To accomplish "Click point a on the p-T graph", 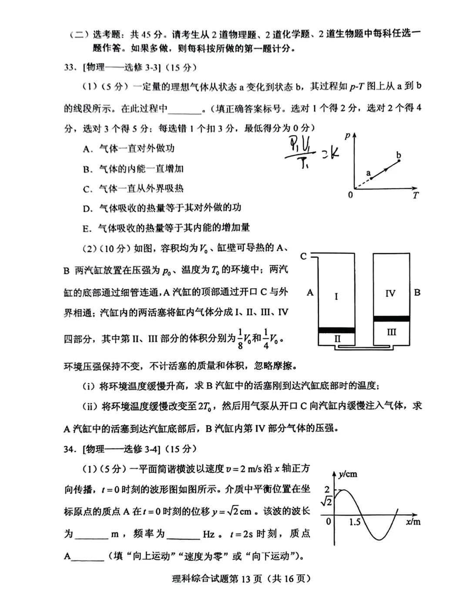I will [371, 178].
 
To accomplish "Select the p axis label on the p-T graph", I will [347, 137].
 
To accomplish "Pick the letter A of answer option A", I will [86, 149].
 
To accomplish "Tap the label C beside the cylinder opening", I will [304, 256].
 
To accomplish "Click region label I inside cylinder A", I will [336, 297].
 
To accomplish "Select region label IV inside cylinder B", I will [390, 293].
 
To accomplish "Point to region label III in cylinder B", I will [391, 332].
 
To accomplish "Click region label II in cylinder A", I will [337, 338].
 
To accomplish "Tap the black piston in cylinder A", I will [336, 330].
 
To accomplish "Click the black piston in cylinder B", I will [391, 318].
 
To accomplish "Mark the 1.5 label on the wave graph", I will [355, 522].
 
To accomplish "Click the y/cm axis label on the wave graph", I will [348, 474].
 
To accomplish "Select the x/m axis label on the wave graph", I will [413, 522].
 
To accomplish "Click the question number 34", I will [70, 449].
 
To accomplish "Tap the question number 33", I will [70, 67].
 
